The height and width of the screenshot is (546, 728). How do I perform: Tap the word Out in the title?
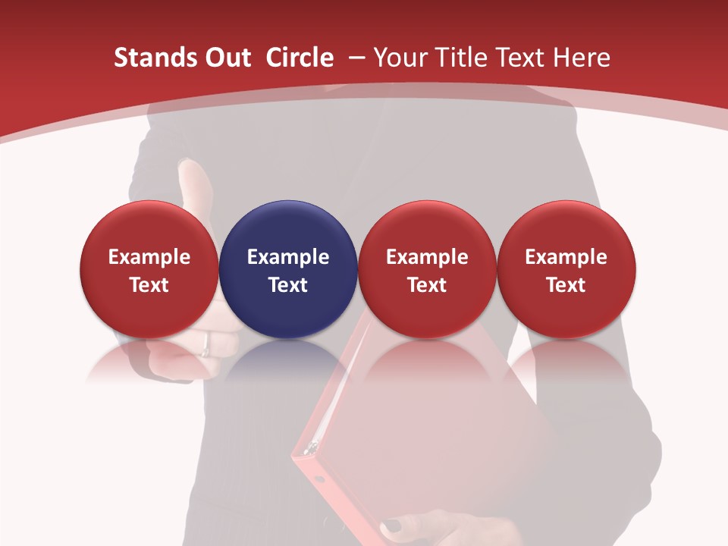(x=227, y=58)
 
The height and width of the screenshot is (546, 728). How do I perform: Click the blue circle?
(x=288, y=269)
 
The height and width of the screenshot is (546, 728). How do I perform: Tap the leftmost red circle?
(x=149, y=269)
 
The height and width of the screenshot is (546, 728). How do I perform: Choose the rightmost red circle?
(x=566, y=269)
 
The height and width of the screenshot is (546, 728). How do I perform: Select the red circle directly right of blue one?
(x=427, y=269)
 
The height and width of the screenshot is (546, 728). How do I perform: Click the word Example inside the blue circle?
(x=288, y=257)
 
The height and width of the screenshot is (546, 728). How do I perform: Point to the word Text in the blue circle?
(x=288, y=285)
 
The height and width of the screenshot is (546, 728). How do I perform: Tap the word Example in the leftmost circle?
(x=149, y=257)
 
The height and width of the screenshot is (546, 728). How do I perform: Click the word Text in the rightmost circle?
(x=566, y=285)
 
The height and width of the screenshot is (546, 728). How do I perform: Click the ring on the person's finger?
(x=206, y=350)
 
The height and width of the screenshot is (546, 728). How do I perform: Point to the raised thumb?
(x=193, y=190)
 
